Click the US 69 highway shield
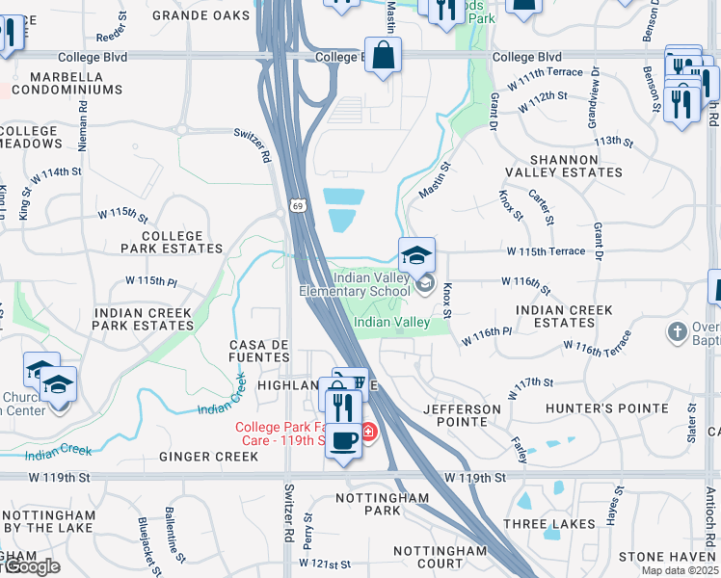click(x=300, y=207)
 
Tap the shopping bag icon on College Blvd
click(x=384, y=57)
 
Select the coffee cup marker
click(x=344, y=441)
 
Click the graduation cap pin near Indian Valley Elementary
click(x=416, y=256)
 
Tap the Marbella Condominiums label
click(x=76, y=83)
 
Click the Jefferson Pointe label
click(x=463, y=416)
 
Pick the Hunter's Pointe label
click(x=607, y=409)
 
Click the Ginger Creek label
click(x=209, y=457)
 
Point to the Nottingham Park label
click(x=382, y=504)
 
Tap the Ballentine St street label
click(x=175, y=545)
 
